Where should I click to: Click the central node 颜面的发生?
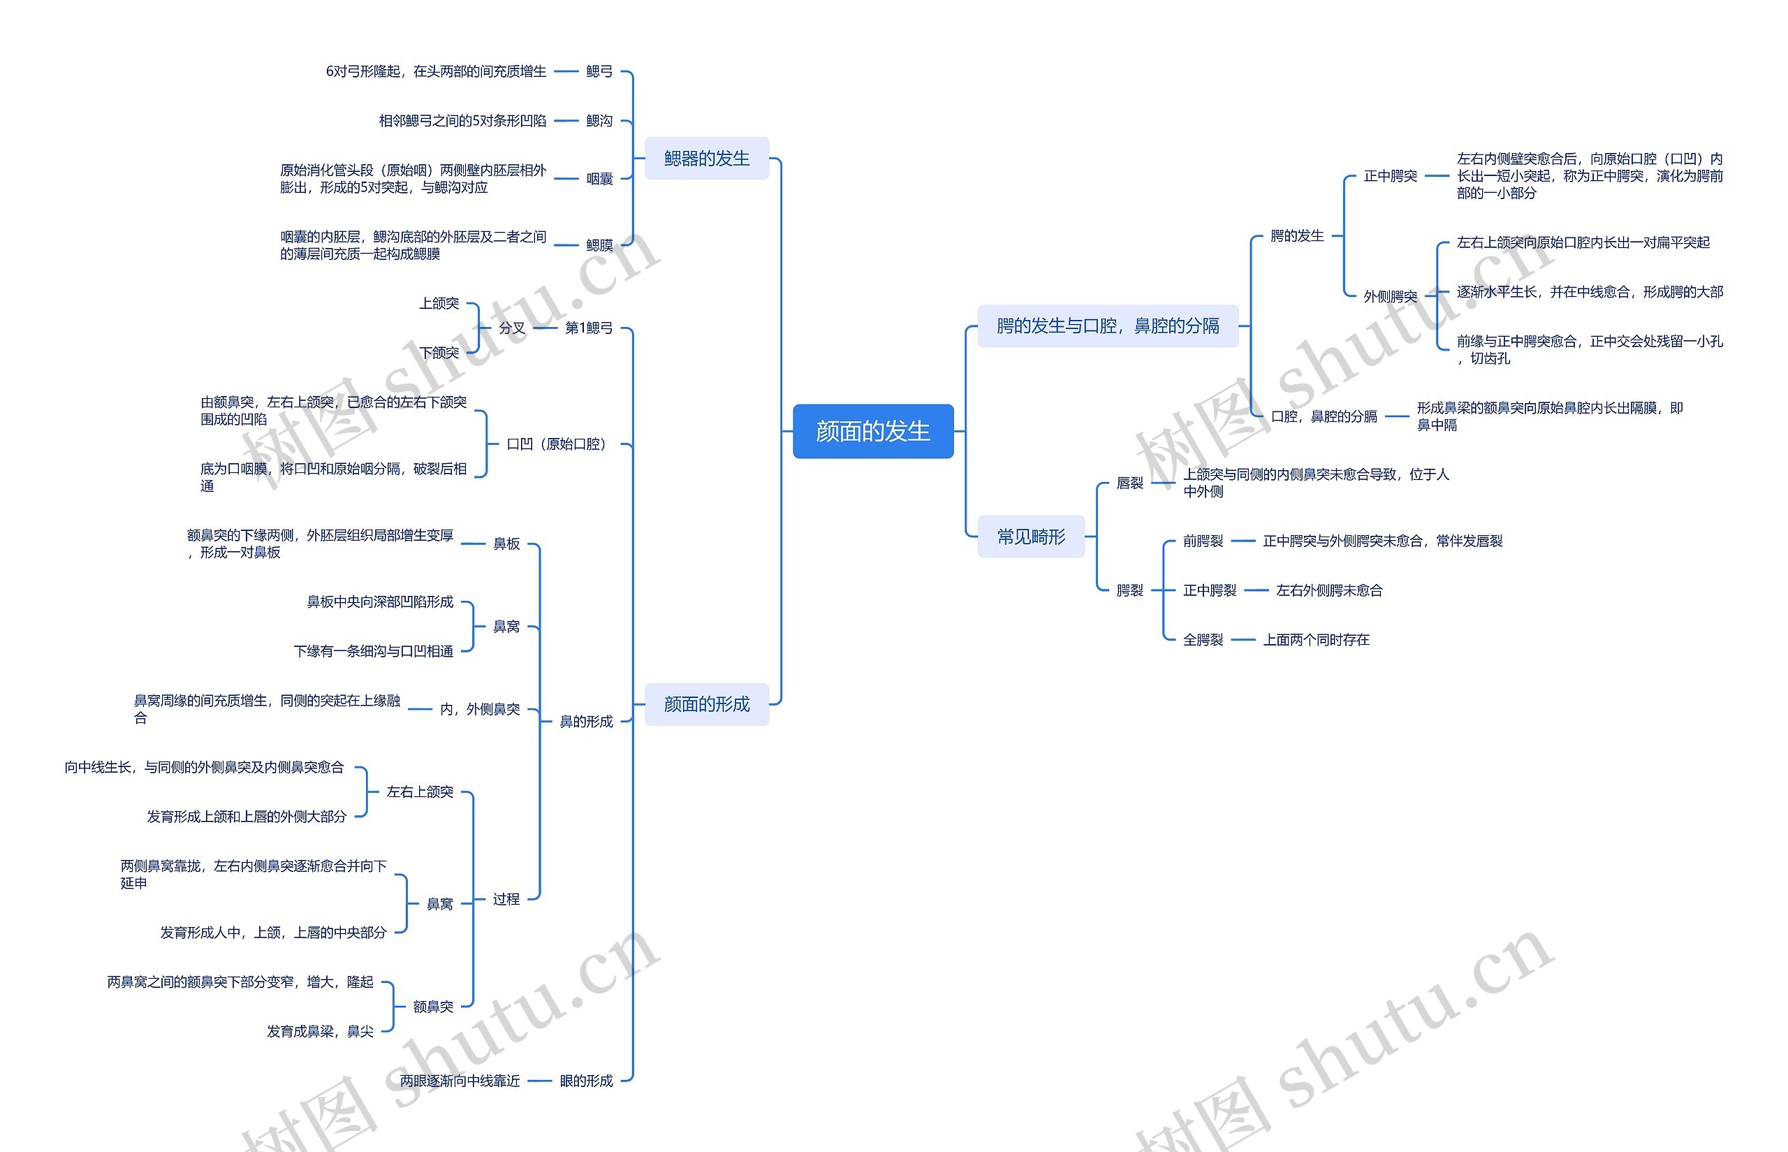(872, 431)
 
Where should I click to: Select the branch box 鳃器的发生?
(707, 158)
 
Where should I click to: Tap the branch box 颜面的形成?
(707, 704)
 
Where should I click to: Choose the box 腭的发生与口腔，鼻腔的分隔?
(1108, 326)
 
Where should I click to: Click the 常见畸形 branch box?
(1030, 537)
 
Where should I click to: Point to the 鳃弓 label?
(599, 71)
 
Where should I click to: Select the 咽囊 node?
(599, 179)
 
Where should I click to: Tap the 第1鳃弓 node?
(589, 328)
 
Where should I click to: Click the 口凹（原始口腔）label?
(556, 444)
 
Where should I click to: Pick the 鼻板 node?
(506, 544)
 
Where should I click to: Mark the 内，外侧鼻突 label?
(479, 708)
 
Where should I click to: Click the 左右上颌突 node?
(420, 792)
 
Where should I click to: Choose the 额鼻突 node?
(433, 1006)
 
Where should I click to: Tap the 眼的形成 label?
(585, 1080)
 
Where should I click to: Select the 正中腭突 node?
(1390, 176)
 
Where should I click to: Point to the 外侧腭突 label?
(1390, 296)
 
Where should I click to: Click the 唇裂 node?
(1129, 483)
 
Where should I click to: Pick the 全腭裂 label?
(1203, 640)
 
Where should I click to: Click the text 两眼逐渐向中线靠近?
(459, 1080)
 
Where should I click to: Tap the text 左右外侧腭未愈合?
(1329, 590)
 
